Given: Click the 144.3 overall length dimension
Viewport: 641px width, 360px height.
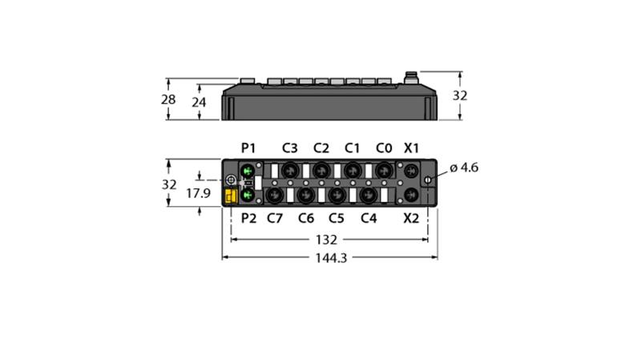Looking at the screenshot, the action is [x=331, y=258].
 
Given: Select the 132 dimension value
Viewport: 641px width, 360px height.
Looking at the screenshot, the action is [x=326, y=240].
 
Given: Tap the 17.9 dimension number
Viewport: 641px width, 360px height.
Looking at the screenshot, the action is [x=198, y=192].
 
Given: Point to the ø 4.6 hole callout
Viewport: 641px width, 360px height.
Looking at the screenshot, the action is [x=464, y=168].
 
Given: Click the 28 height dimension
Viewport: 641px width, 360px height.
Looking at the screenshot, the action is [x=168, y=99].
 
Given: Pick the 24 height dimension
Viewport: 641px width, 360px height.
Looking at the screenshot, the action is [x=199, y=102].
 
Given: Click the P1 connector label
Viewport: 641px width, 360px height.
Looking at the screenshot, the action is [x=248, y=148].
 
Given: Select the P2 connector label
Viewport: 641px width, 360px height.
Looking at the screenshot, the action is [x=248, y=218].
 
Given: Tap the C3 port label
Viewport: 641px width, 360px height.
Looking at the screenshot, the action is [x=290, y=148].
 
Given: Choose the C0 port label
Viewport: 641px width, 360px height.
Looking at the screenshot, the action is [x=384, y=148].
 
